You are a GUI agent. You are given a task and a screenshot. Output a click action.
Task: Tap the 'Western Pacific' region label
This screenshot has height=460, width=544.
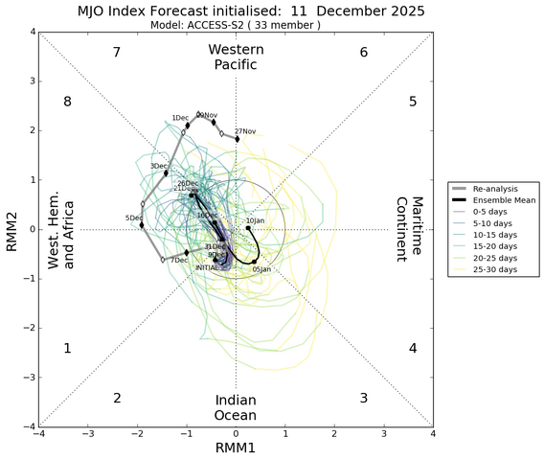click(236, 57)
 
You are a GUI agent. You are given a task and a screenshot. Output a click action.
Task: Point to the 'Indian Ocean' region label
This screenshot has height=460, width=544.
click(236, 407)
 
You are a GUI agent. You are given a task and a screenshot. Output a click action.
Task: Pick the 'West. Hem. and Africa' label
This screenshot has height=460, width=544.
click(62, 229)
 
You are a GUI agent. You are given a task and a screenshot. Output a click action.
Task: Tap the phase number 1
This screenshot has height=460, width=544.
click(67, 348)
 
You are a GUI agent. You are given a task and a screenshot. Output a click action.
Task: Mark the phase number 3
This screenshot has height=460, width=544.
click(364, 398)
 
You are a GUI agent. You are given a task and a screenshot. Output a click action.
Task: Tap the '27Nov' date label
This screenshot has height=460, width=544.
click(245, 131)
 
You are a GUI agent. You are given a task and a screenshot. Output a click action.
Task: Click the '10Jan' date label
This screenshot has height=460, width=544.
click(255, 221)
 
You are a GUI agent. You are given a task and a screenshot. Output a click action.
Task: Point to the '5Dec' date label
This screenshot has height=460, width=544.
click(134, 218)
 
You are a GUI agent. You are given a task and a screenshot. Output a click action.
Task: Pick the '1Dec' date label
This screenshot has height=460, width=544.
click(180, 118)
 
